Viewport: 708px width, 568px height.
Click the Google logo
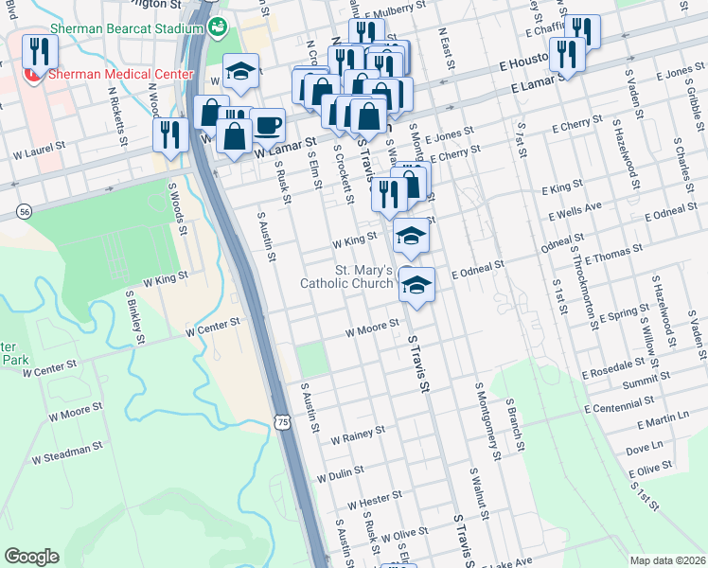pyautogui.click(x=31, y=556)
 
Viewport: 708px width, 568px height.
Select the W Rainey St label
pyautogui.click(x=358, y=435)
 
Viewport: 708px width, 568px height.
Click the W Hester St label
pyautogui.click(x=375, y=499)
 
